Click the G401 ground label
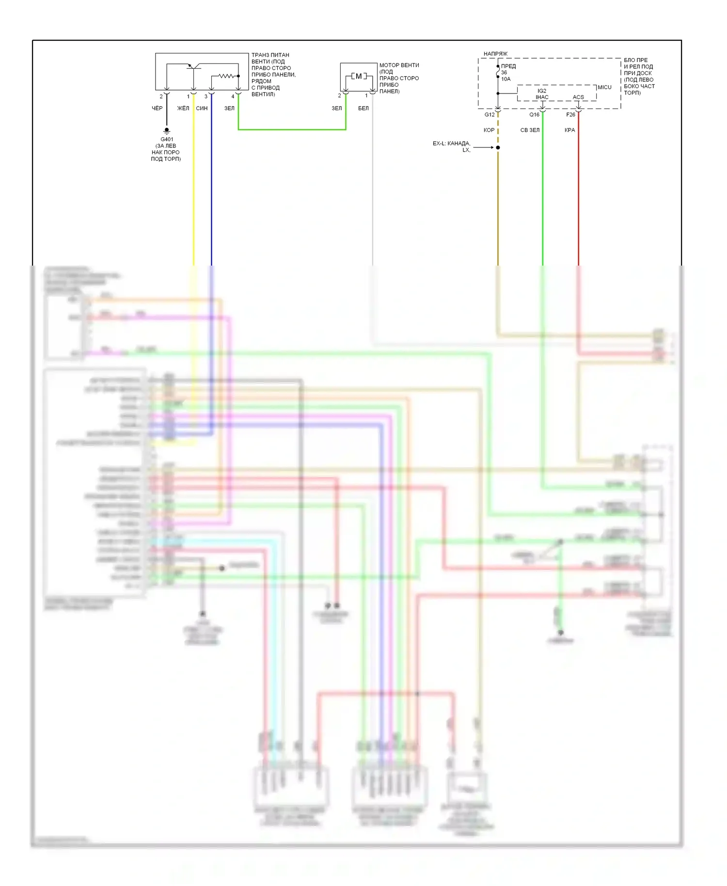[167, 139]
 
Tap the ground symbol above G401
[167, 130]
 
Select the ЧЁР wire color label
[157, 108]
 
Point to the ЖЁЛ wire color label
[183, 108]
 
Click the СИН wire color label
[202, 108]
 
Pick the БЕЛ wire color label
[363, 108]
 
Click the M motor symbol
[359, 76]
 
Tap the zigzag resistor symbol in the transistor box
[226, 76]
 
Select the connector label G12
[490, 115]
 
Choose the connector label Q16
[534, 115]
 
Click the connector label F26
[570, 115]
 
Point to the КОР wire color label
[489, 130]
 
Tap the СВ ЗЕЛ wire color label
[530, 130]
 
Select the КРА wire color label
[570, 130]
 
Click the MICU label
[604, 87]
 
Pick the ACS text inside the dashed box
[578, 97]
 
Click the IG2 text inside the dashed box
[542, 91]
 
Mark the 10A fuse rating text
[506, 79]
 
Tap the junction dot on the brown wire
[498, 147]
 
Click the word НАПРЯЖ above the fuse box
[495, 54]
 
